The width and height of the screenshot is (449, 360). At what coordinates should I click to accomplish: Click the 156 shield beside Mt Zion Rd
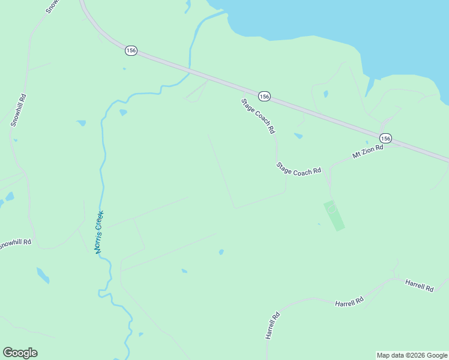385,139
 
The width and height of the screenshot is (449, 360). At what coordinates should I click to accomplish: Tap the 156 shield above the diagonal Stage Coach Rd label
264,96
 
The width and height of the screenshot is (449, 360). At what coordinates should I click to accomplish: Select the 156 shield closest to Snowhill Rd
131,50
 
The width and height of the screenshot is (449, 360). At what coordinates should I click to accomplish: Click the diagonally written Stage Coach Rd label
258,116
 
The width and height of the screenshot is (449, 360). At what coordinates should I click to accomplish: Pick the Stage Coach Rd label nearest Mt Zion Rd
298,169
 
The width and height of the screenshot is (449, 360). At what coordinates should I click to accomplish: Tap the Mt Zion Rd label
367,151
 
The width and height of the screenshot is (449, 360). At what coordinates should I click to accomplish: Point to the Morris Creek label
100,232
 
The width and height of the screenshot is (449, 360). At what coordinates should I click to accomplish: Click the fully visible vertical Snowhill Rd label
18,109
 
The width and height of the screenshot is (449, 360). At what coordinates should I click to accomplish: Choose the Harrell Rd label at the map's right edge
419,285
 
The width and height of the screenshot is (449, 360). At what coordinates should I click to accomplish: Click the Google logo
20,353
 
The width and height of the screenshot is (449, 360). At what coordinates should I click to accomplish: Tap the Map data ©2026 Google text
412,355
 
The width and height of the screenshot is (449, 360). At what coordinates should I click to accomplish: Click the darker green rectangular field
334,215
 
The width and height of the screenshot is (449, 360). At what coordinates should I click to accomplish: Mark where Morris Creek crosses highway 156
190,72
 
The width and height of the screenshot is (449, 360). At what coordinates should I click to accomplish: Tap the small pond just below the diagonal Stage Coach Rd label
298,136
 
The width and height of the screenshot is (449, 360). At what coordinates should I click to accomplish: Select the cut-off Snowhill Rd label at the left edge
15,244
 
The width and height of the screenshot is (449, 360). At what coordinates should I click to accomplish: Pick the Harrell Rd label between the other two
349,301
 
